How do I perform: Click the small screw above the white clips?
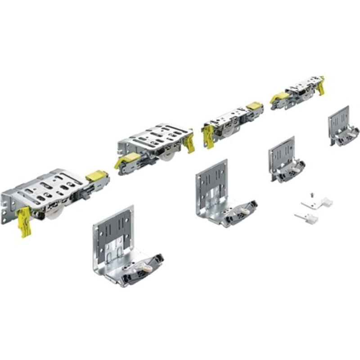(310, 195)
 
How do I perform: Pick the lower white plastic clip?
(307, 218)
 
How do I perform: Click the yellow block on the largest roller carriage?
(96, 175)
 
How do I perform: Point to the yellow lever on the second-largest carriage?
(189, 141)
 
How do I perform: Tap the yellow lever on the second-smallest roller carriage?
(209, 135)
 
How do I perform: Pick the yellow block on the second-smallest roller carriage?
(255, 107)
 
